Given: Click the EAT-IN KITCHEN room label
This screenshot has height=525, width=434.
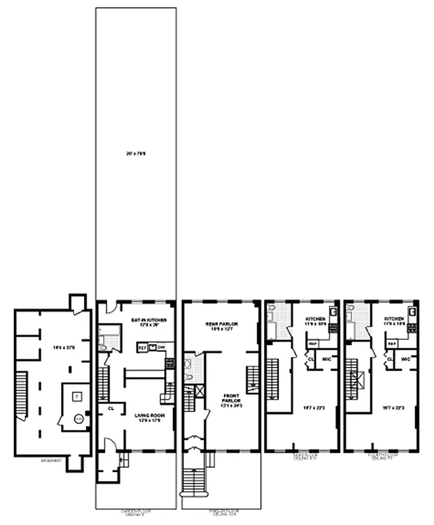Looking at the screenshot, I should point(147,320).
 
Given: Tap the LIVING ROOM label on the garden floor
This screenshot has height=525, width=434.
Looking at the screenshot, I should point(145,415).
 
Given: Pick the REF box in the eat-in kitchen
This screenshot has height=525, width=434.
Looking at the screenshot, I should point(141,347).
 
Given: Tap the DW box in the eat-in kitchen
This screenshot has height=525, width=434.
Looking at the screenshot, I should point(161,347).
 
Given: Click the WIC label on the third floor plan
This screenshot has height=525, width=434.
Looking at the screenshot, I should point(326,359).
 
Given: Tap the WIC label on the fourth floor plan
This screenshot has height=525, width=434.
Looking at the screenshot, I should point(406,359).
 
